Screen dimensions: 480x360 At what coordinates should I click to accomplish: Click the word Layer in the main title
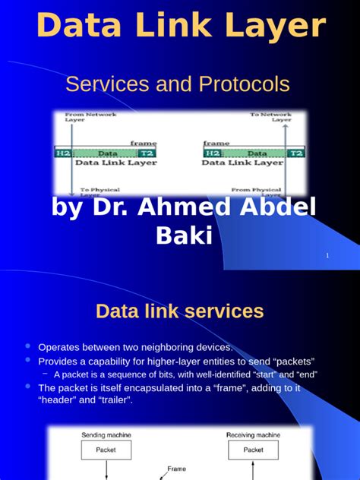click(x=273, y=27)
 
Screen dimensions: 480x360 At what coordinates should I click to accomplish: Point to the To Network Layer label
click(x=270, y=117)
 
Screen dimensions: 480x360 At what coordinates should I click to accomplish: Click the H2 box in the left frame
click(x=62, y=153)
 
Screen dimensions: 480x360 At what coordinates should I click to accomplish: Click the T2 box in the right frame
click(x=296, y=153)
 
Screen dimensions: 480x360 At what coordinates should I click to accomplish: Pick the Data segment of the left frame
click(x=106, y=153)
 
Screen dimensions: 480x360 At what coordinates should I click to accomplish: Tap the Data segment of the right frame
click(x=255, y=153)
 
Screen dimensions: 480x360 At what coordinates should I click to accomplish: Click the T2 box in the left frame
click(x=147, y=153)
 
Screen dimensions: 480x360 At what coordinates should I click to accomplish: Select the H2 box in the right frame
click(x=212, y=153)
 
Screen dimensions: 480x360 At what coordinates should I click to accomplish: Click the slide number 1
click(x=327, y=256)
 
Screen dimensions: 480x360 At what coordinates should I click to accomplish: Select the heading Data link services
click(x=180, y=311)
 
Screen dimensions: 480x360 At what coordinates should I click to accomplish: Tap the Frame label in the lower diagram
click(x=176, y=469)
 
